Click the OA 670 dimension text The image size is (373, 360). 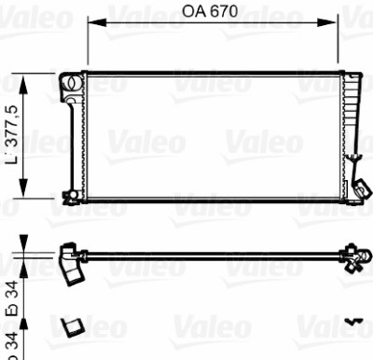[x=210, y=12]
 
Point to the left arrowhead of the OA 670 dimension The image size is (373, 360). [x=97, y=22]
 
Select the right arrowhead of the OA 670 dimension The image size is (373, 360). [x=326, y=22]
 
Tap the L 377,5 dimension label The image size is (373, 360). [x=13, y=134]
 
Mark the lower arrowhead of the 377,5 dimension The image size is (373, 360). [x=23, y=187]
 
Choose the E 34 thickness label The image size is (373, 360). [x=13, y=298]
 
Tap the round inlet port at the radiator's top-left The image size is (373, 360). [x=71, y=82]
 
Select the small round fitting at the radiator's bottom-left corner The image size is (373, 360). [x=73, y=195]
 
